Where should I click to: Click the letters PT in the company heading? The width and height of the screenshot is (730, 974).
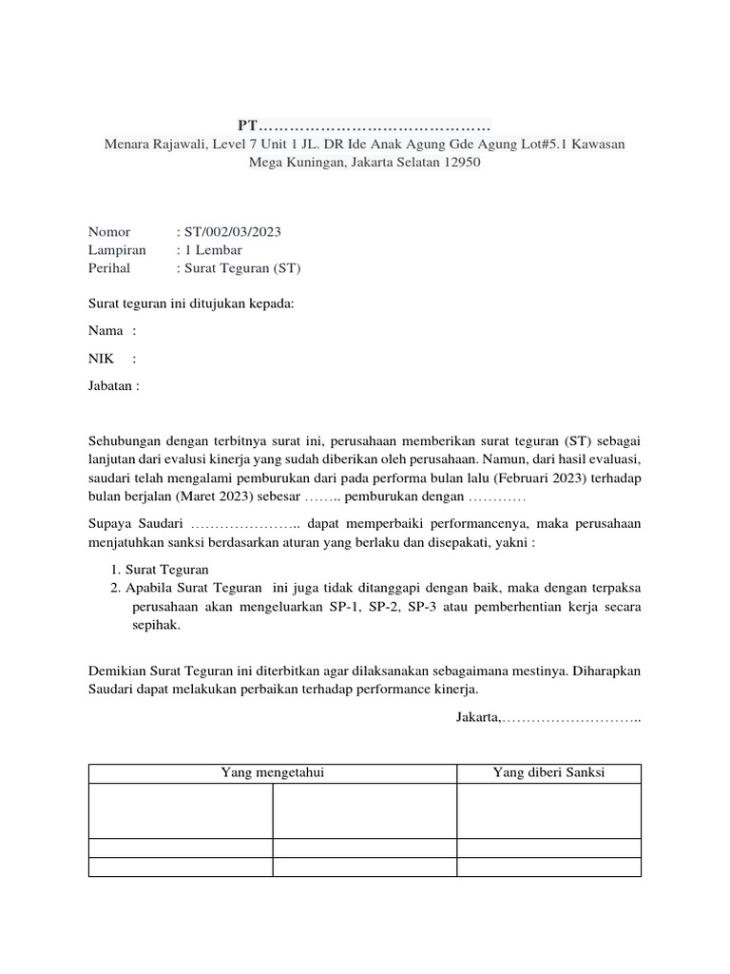pos(247,127)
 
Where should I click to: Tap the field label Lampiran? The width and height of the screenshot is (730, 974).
pos(117,249)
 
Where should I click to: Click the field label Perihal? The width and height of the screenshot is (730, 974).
pos(109,268)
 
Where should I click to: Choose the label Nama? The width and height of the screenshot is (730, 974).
pos(106,330)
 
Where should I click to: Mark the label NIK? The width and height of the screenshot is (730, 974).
pos(101,359)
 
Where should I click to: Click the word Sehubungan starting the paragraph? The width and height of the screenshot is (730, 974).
pos(126,441)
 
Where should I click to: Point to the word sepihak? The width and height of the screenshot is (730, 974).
pos(155,626)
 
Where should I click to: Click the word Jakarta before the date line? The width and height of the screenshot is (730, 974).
pos(477,716)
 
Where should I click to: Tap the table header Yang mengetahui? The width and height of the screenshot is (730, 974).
pos(272,772)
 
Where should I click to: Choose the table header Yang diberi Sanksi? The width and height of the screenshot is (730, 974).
pos(548,772)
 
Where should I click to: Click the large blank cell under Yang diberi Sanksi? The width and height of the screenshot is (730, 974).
pos(548,810)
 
